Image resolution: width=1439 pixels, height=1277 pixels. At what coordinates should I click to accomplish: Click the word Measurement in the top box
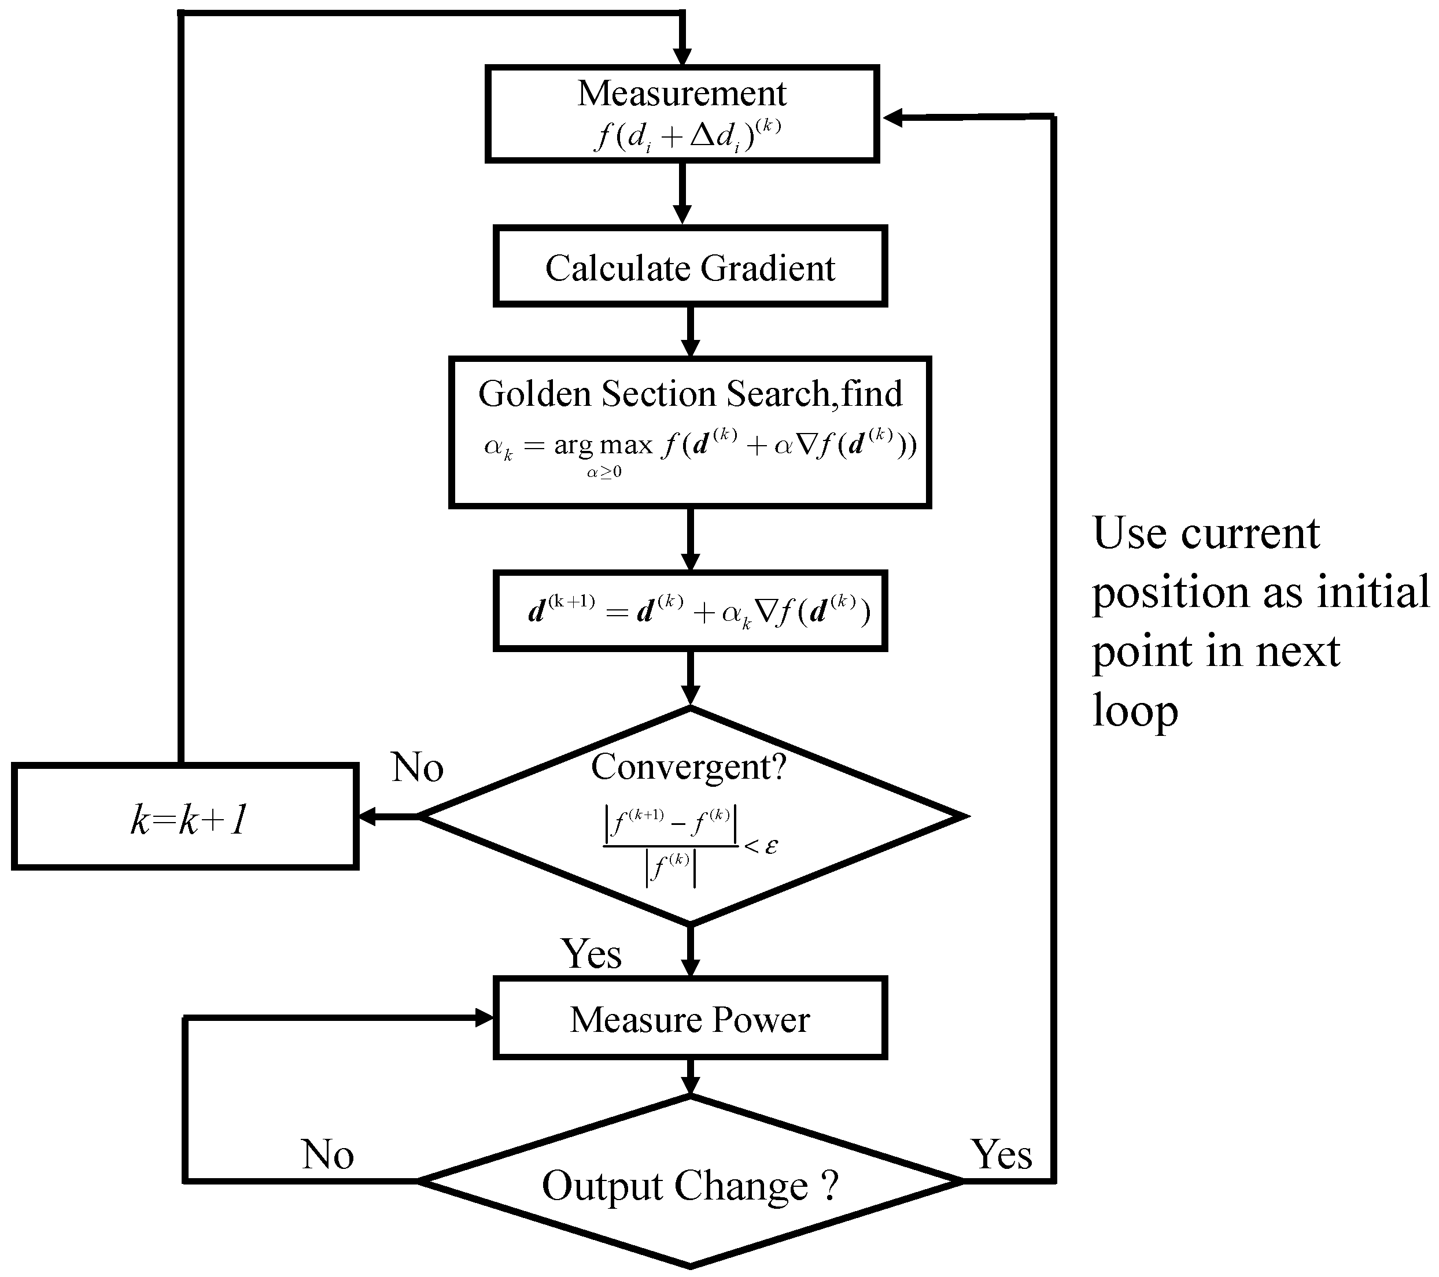pyautogui.click(x=681, y=94)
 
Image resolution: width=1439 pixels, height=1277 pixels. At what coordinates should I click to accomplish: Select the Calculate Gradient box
pyautogui.click(x=690, y=267)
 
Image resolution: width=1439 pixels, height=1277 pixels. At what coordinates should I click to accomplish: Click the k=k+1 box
pyautogui.click(x=186, y=817)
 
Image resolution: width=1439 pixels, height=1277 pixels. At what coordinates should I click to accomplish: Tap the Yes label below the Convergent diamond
pyautogui.click(x=591, y=954)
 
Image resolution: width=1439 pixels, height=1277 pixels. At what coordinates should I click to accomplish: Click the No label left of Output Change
pyautogui.click(x=327, y=1154)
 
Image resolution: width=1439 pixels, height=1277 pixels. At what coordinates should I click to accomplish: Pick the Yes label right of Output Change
pyautogui.click(x=1001, y=1154)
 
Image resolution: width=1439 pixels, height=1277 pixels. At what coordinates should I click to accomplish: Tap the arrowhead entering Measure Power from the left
pyautogui.click(x=484, y=1017)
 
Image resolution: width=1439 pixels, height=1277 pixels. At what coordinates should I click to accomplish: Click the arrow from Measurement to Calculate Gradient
pyautogui.click(x=681, y=194)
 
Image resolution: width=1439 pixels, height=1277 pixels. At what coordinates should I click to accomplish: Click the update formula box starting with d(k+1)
pyautogui.click(x=690, y=610)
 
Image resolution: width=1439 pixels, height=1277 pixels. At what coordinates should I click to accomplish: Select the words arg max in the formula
pyautogui.click(x=603, y=445)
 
